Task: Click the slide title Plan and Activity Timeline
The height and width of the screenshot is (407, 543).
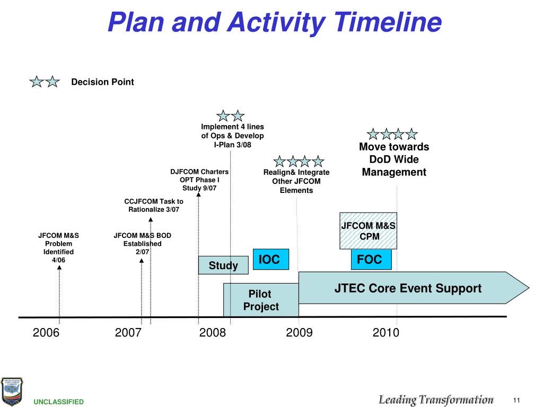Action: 274,23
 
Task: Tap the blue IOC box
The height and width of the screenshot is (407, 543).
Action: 270,259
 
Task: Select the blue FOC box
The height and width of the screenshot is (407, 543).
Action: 371,259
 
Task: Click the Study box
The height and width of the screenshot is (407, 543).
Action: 223,265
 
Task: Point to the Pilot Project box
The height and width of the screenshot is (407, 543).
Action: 260,300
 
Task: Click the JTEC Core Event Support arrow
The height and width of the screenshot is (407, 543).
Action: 407,288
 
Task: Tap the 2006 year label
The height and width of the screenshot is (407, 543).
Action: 46,333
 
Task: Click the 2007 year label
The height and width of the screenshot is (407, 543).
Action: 128,333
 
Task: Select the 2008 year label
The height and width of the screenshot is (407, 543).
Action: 213,333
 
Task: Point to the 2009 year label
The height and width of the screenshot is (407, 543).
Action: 299,333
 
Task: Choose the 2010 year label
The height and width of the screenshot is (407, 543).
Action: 386,333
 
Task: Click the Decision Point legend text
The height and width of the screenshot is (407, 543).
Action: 102,82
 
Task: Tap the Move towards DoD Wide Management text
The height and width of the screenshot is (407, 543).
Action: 393,160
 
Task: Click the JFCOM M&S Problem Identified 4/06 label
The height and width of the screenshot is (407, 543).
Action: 58,247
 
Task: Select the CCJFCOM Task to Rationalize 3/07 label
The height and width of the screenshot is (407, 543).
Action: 154,205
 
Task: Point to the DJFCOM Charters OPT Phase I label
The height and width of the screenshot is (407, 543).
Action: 199,180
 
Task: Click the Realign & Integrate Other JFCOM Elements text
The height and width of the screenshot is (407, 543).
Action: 296,181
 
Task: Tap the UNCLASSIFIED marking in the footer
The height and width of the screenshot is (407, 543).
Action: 59,402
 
